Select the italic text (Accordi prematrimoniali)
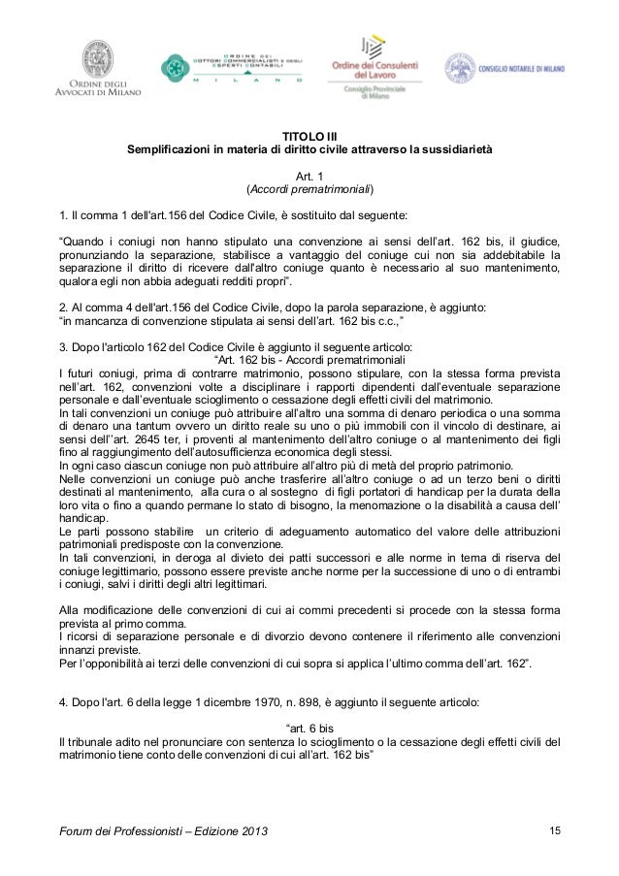coord(309,188)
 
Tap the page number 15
coord(555,831)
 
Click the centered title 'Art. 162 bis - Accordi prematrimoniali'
coord(309,361)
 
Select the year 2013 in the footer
coord(255,832)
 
